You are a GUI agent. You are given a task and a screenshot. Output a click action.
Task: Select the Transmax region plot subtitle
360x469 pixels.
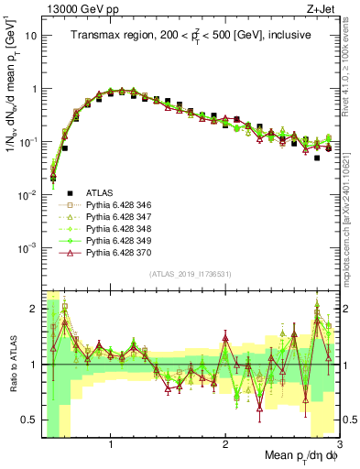pos(191,35)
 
